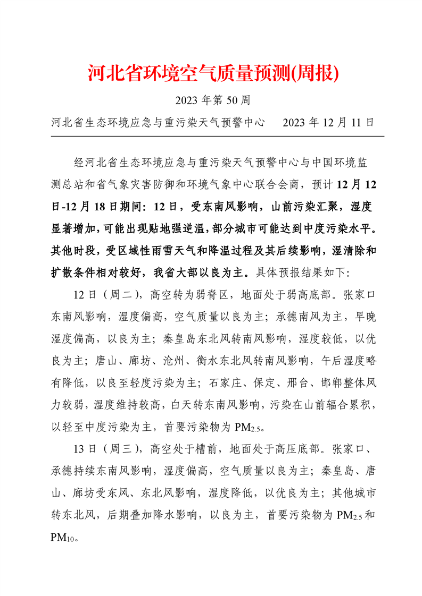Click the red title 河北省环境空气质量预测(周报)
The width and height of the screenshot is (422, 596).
213,74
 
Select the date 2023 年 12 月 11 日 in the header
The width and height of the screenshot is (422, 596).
329,122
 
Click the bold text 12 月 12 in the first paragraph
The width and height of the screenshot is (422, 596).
357,184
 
